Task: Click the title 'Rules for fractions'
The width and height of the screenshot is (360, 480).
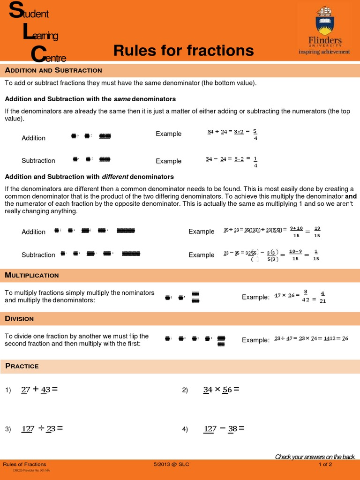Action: tap(183, 51)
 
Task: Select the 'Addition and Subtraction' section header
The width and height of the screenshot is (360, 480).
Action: tap(53, 70)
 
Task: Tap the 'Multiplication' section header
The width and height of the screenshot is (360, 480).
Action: tap(32, 275)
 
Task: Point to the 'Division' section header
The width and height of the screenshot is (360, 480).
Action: tap(19, 319)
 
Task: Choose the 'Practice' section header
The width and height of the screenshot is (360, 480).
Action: tap(22, 366)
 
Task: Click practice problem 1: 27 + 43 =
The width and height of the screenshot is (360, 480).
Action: tap(39, 390)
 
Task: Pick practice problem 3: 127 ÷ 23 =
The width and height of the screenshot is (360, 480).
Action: tap(42, 428)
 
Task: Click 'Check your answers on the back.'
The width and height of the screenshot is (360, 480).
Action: tap(315, 457)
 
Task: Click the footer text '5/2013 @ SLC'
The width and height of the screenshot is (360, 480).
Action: tap(172, 465)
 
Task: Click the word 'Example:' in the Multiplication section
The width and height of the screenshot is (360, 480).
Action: tap(255, 297)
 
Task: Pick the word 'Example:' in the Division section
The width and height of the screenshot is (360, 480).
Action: tap(255, 340)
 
